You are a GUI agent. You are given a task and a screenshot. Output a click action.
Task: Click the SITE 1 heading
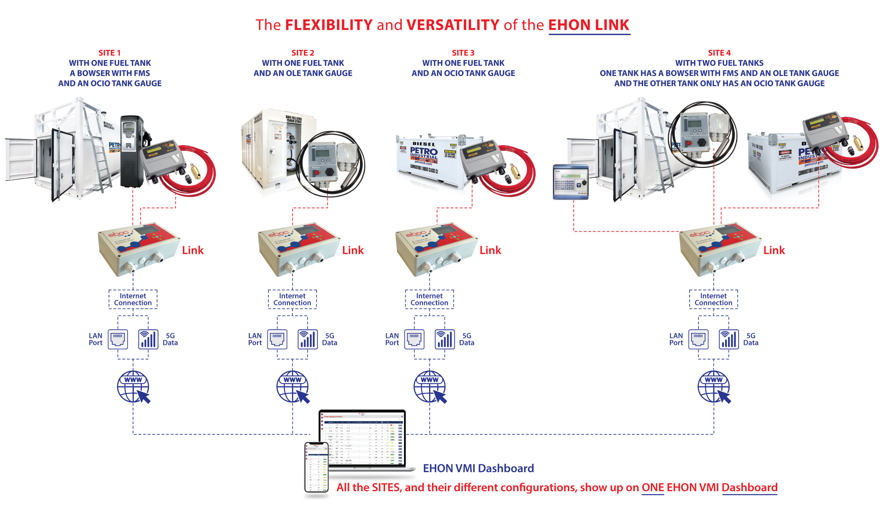(x=109, y=53)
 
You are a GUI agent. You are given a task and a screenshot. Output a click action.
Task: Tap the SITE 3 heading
(x=463, y=53)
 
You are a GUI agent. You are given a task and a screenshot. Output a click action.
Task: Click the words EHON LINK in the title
(x=589, y=25)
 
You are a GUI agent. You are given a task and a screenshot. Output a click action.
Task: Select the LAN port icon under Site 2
(x=277, y=339)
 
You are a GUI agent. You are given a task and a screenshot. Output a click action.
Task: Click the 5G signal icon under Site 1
(x=148, y=339)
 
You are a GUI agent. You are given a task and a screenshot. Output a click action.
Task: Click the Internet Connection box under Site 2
(x=292, y=299)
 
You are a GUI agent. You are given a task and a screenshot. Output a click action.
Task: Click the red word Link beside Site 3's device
(x=490, y=250)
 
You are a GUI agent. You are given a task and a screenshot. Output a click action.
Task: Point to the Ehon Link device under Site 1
(x=138, y=249)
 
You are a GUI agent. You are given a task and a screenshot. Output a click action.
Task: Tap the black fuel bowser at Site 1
(x=132, y=151)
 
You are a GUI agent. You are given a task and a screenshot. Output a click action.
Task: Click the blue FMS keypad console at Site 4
(x=570, y=182)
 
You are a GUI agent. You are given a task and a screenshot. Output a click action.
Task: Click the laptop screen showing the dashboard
(x=362, y=439)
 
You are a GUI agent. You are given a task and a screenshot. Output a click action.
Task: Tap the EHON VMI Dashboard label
(x=478, y=468)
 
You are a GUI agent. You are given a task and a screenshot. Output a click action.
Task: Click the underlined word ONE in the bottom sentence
(x=652, y=487)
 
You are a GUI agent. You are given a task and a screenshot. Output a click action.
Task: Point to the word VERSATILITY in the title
(x=453, y=25)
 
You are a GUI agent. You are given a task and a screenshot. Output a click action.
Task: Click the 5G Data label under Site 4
(x=751, y=339)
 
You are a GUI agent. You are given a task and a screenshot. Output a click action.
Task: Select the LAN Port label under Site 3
(x=392, y=339)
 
